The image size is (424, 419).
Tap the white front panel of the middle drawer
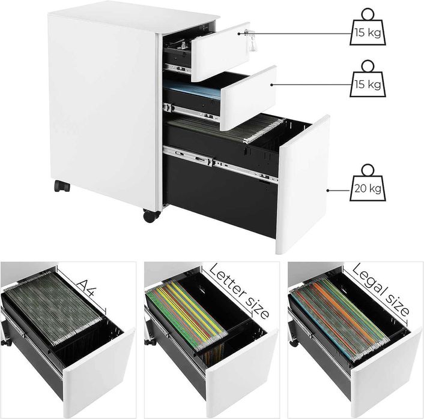pos(246,97)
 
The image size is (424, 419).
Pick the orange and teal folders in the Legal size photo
pos(336,315)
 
